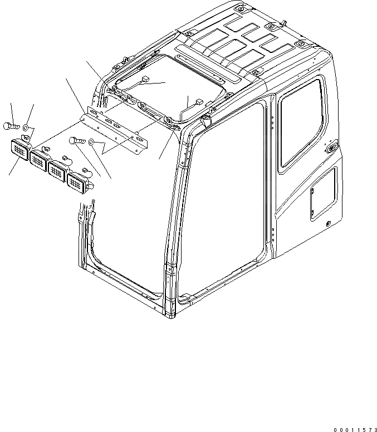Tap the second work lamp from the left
tap(40, 161)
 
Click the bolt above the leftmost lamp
tap(11, 125)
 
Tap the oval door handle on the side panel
tap(331, 148)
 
